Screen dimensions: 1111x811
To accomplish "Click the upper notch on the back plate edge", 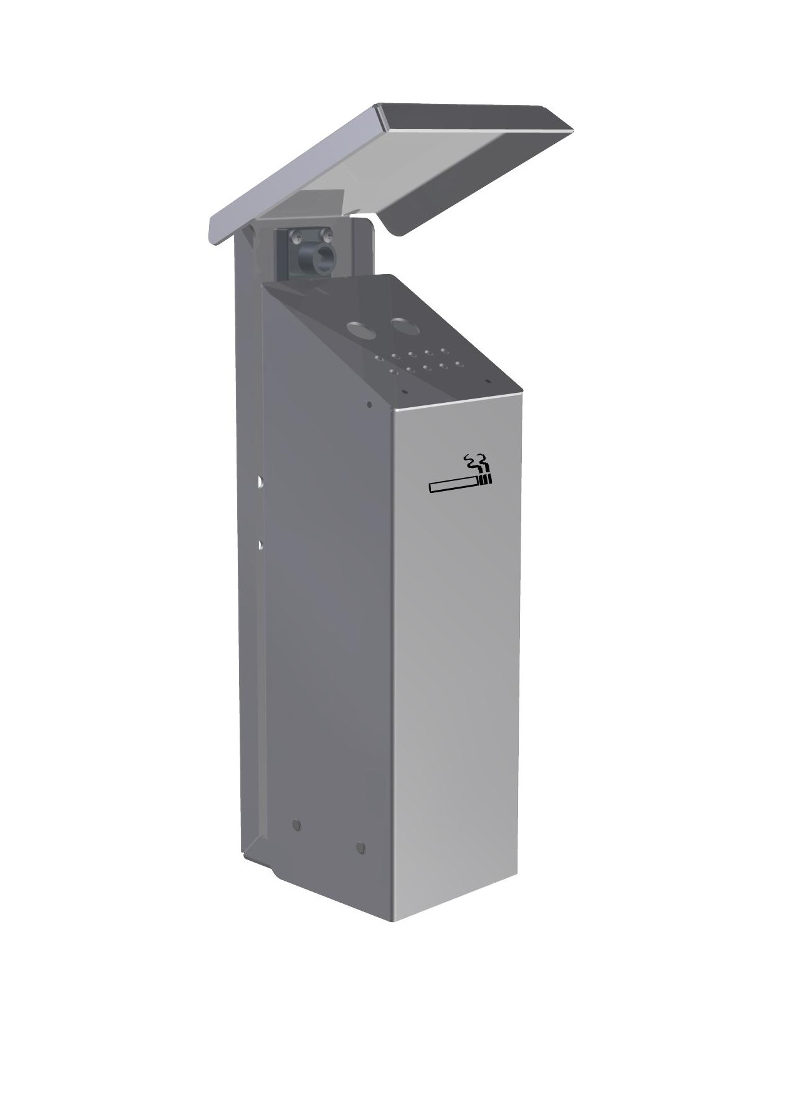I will click(x=258, y=482).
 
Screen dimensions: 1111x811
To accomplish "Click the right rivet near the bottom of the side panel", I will click(x=359, y=848).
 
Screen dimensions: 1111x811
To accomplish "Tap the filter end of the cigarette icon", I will click(x=486, y=480).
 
